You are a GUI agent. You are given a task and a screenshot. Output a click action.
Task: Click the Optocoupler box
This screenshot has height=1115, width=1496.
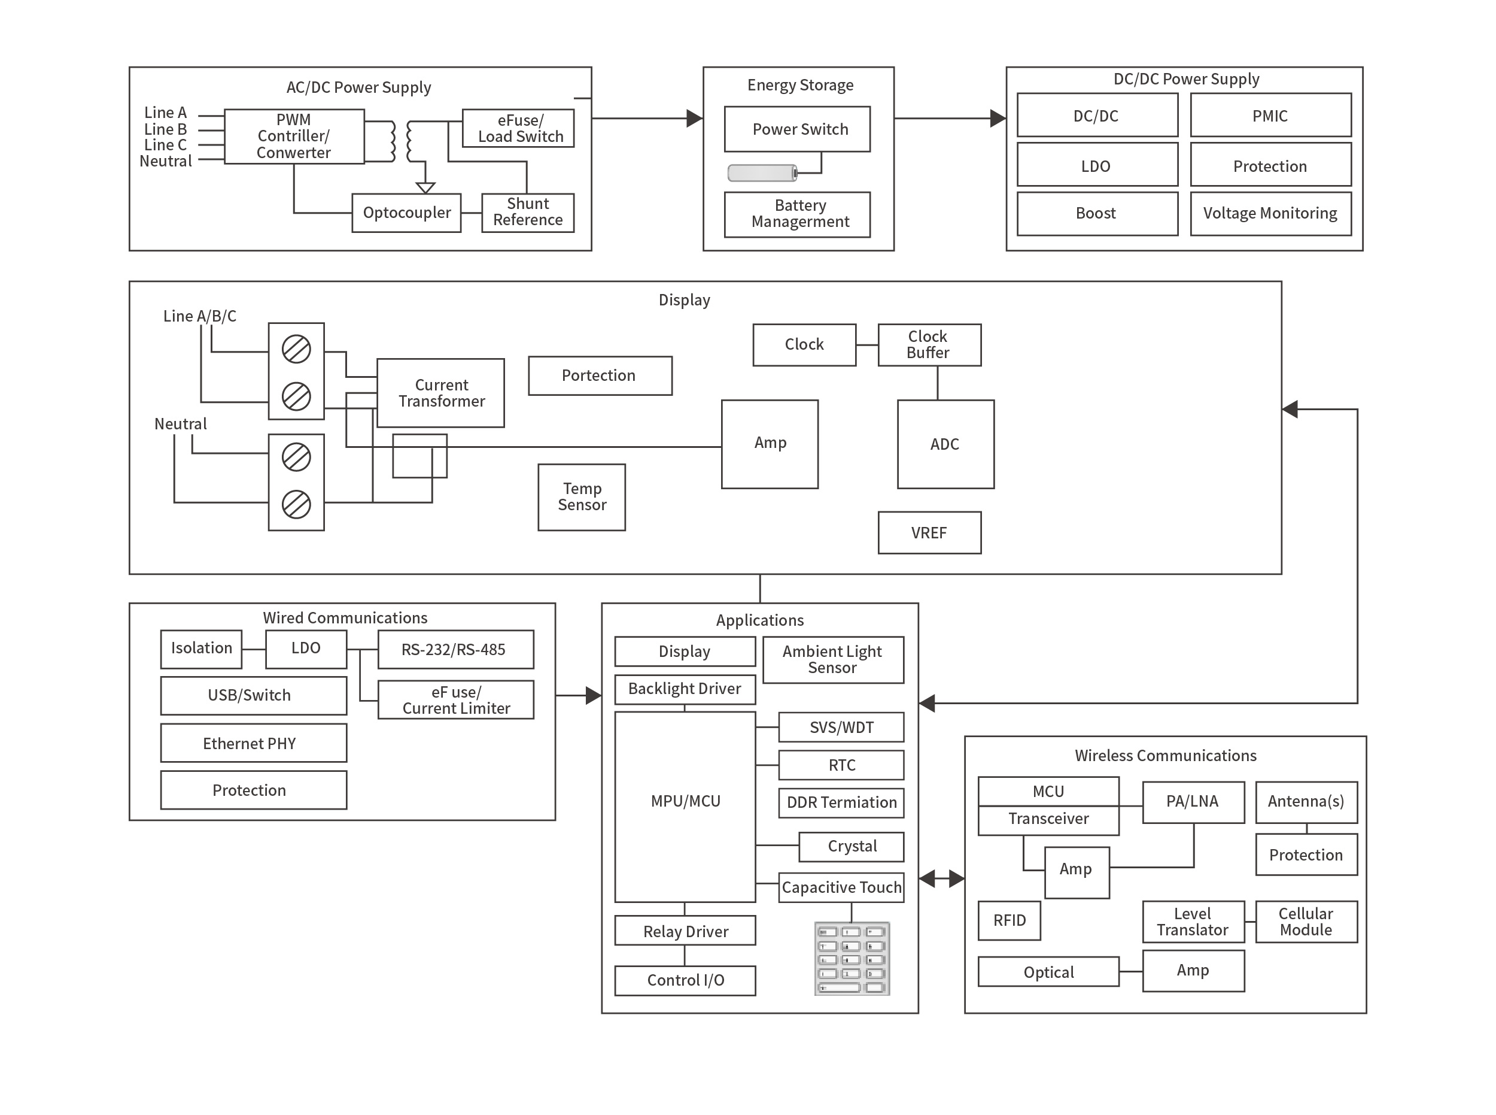coord(406,213)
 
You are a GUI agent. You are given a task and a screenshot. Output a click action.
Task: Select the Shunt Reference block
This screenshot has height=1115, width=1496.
coord(527,213)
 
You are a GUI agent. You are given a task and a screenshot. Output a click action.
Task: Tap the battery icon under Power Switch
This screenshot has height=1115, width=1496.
coord(762,174)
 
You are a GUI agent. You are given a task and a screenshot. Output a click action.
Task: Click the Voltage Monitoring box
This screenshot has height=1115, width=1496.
coord(1270,213)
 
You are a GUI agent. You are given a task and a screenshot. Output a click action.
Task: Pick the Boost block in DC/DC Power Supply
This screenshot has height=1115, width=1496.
coord(1097,213)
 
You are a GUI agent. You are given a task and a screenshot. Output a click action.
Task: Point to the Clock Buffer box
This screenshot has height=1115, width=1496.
coord(929,345)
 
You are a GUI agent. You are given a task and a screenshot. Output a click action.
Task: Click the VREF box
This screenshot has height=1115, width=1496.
coord(929,532)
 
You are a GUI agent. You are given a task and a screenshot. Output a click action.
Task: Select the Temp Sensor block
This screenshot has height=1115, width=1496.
coord(582,497)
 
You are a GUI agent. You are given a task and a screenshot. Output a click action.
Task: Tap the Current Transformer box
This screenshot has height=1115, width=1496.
coord(440,393)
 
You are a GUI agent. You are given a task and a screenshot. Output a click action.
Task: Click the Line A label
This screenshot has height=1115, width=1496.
coord(165,113)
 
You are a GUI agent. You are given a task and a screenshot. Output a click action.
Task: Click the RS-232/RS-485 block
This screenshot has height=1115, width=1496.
coord(455,649)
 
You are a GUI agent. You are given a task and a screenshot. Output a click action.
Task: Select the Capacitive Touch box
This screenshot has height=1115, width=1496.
coord(841,887)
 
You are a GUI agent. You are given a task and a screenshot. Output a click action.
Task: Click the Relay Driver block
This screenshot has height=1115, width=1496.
coord(685,931)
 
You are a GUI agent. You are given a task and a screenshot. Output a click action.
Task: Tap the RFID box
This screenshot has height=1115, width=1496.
coord(1009,920)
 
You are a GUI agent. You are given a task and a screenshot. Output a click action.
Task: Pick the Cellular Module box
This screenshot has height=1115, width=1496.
coord(1306,922)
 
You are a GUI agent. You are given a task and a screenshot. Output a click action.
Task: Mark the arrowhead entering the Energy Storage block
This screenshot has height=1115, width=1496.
coord(695,119)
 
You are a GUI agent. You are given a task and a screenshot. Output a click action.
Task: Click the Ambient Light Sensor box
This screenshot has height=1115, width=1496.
coord(833,659)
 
